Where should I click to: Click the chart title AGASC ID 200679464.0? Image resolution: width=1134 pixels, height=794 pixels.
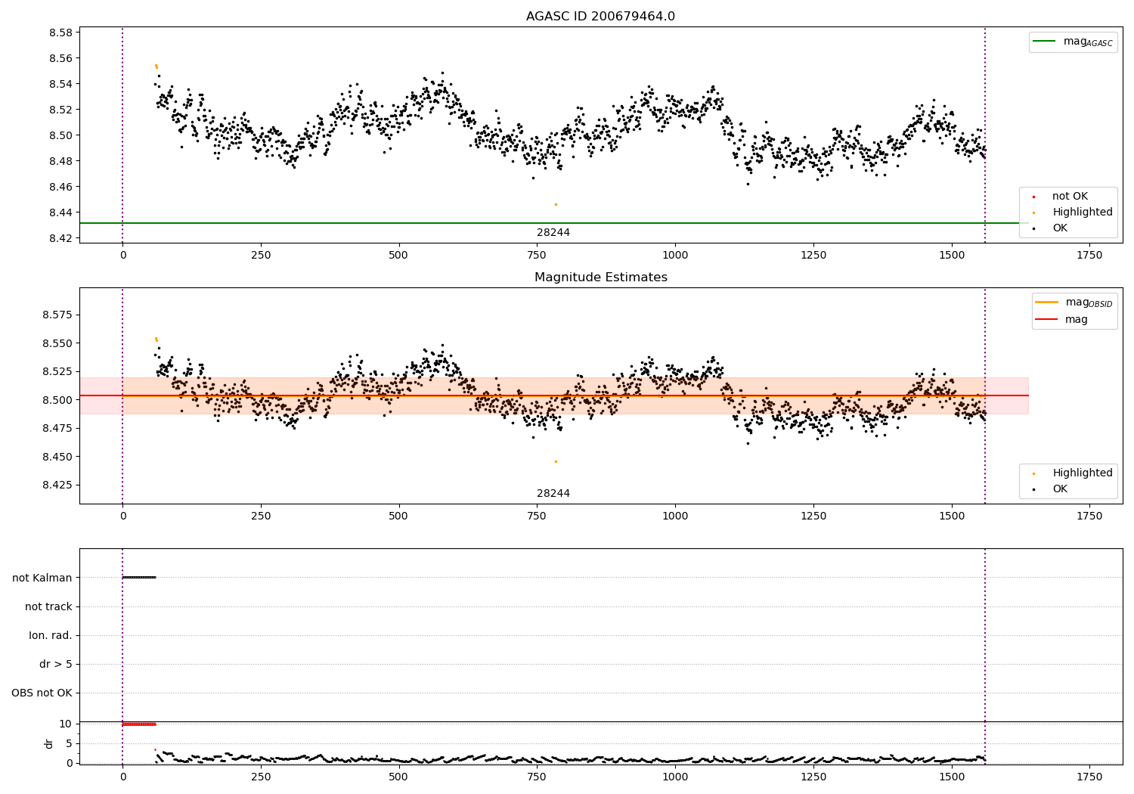click(600, 17)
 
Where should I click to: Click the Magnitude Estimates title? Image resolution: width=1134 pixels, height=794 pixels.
click(600, 278)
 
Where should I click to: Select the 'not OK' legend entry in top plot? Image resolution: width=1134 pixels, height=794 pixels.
click(1069, 197)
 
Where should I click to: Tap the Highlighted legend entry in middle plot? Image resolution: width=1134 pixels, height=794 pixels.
click(1082, 473)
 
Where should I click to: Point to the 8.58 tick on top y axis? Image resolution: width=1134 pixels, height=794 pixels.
click(60, 33)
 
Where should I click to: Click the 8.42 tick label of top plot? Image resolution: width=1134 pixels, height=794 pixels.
click(60, 238)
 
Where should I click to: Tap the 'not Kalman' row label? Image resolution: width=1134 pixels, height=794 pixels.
click(42, 578)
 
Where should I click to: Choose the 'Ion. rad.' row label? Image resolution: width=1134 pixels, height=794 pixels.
click(50, 635)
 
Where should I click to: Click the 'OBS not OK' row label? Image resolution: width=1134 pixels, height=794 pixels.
click(42, 693)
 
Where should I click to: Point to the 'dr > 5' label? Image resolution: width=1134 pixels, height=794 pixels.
click(55, 664)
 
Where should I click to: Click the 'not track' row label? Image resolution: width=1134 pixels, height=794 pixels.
click(48, 606)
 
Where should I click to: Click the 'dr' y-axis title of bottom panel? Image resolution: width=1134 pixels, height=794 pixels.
click(49, 743)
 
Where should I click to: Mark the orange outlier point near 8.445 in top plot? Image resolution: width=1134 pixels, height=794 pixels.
click(556, 204)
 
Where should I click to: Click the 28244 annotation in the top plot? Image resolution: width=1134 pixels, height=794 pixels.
click(553, 233)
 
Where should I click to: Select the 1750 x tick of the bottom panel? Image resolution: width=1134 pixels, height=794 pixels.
click(1089, 777)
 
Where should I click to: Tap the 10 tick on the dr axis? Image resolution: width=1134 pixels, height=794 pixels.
click(65, 724)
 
